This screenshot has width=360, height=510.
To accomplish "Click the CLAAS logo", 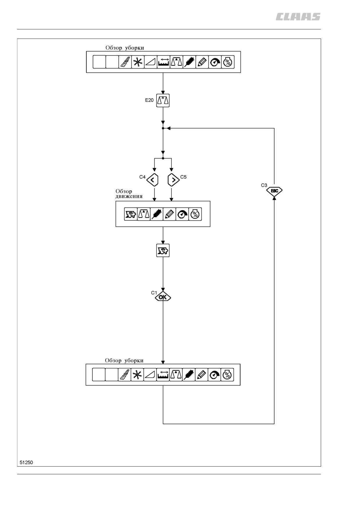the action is [298, 17].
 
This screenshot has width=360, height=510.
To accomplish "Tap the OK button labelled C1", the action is [163, 297].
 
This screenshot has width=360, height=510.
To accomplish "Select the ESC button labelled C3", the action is [274, 191].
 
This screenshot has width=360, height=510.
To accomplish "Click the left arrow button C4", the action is [152, 180].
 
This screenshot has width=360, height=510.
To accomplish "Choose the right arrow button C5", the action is [173, 180].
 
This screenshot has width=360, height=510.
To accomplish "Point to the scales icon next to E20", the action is [163, 101].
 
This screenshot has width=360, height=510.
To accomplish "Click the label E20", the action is [149, 100].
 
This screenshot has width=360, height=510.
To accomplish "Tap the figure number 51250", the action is [26, 462].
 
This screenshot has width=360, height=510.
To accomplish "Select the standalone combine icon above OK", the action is [163, 251].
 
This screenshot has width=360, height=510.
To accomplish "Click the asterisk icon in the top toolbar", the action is [138, 62].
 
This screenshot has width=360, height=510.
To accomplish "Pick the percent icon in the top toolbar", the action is [228, 62].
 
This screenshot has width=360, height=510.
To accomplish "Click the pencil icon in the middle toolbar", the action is [169, 214].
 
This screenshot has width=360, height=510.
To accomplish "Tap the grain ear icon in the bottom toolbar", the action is [189, 375].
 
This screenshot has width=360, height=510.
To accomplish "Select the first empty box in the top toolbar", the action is [99, 62].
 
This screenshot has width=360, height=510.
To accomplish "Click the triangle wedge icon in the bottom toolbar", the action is [150, 375].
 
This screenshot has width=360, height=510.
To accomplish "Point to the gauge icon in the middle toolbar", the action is [182, 214].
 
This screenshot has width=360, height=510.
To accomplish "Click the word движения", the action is [129, 196].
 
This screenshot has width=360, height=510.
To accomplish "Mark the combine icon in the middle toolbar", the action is [131, 214].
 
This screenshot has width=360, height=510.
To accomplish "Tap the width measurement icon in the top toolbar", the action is [164, 62].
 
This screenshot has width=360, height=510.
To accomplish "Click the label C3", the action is [264, 185].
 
